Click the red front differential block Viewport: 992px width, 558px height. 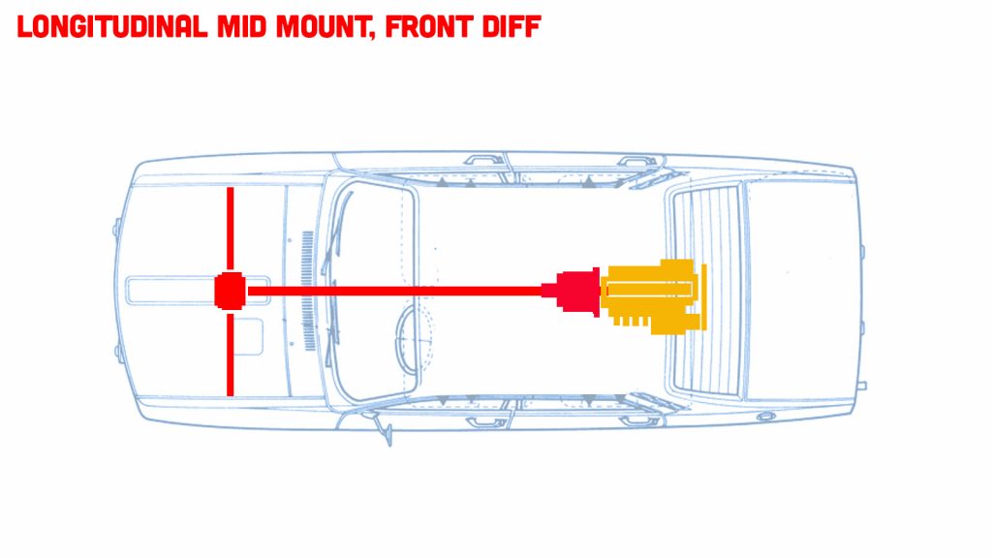[x=230, y=291]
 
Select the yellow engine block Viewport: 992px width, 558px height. [x=649, y=296]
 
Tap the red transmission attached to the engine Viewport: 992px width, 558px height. [x=577, y=293]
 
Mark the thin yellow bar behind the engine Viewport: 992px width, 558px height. [x=704, y=296]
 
